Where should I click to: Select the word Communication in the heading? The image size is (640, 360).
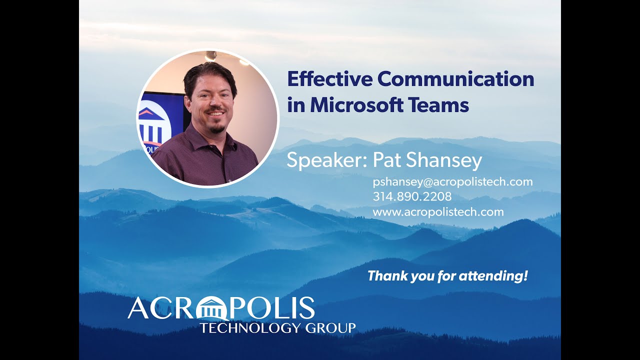click(x=455, y=79)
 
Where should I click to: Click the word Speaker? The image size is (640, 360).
click(x=327, y=161)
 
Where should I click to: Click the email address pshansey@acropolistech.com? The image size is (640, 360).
click(x=452, y=181)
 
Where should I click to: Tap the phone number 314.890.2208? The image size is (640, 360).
click(x=412, y=196)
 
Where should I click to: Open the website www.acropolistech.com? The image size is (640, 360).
click(x=438, y=211)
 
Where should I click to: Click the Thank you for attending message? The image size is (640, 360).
click(x=447, y=275)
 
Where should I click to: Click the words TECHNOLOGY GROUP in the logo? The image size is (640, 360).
click(x=277, y=328)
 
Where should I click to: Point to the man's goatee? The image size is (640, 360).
click(x=215, y=129)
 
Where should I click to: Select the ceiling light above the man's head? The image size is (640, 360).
click(x=211, y=55)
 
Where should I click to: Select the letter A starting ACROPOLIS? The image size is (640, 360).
click(x=138, y=309)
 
